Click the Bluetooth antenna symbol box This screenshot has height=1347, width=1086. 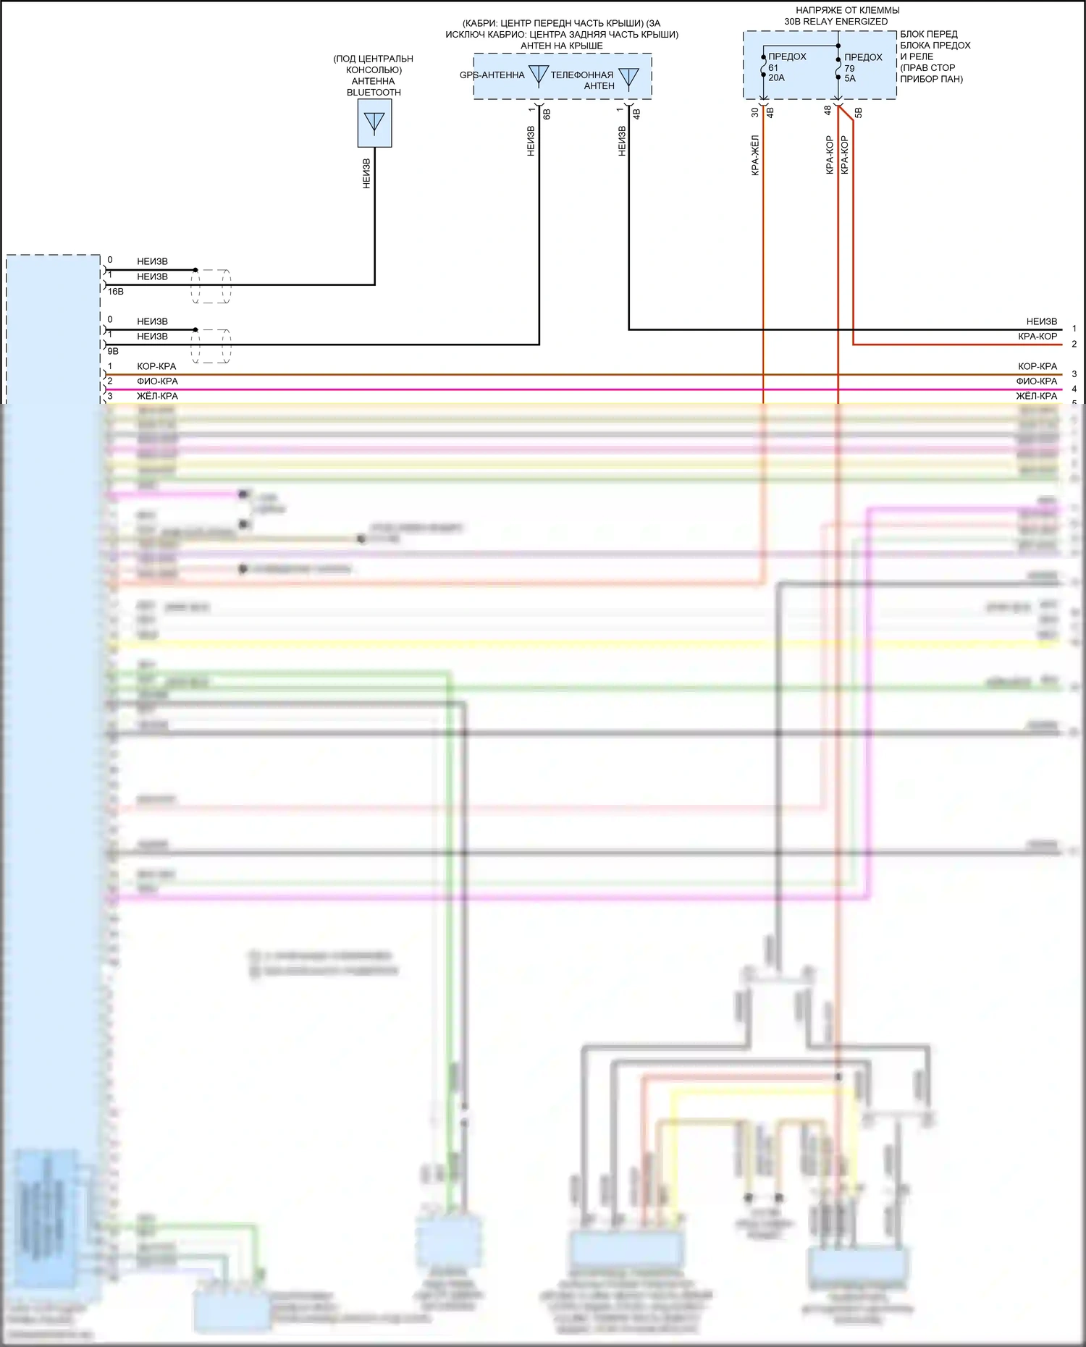pos(374,123)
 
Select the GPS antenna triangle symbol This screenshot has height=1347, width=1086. pos(538,75)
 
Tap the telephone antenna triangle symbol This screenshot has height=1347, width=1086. pos(628,77)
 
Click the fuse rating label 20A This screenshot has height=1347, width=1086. pos(776,78)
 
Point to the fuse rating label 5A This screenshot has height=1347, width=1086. pos(849,79)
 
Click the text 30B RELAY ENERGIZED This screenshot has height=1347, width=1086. pos(835,22)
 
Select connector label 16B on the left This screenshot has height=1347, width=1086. pos(116,291)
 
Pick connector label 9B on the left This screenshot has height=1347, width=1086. pos(113,351)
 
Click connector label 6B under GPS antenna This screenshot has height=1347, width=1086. pos(547,114)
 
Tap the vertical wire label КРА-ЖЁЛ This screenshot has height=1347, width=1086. pos(755,155)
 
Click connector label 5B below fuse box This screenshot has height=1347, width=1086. pos(859,113)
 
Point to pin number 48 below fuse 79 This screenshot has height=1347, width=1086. pos(828,111)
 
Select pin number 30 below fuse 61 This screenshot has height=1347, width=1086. pos(754,112)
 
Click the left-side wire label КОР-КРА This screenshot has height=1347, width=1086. pos(156,366)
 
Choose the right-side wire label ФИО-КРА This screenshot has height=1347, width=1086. pos(1037,381)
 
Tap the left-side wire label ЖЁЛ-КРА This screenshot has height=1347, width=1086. pos(157,397)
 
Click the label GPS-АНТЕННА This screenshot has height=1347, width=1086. pos(492,75)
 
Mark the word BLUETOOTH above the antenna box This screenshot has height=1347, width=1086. pos(374,93)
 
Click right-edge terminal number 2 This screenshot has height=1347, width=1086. pos(1074,345)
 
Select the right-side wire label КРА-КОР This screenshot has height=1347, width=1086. pos(1037,337)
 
